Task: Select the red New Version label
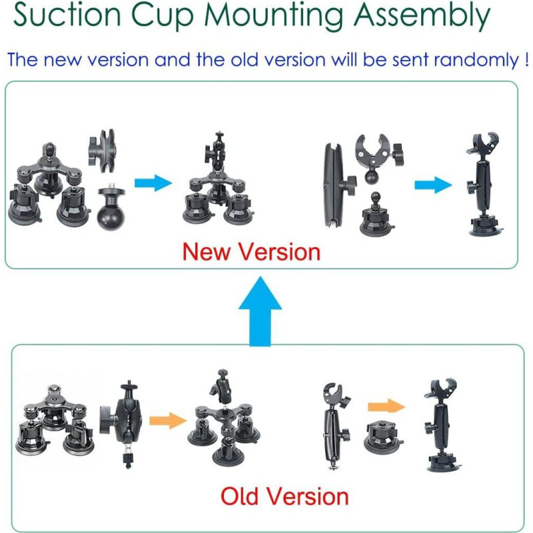(x=252, y=252)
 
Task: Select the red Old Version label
(x=284, y=496)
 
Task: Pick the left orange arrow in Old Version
(x=167, y=420)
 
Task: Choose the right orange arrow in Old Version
(x=386, y=406)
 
